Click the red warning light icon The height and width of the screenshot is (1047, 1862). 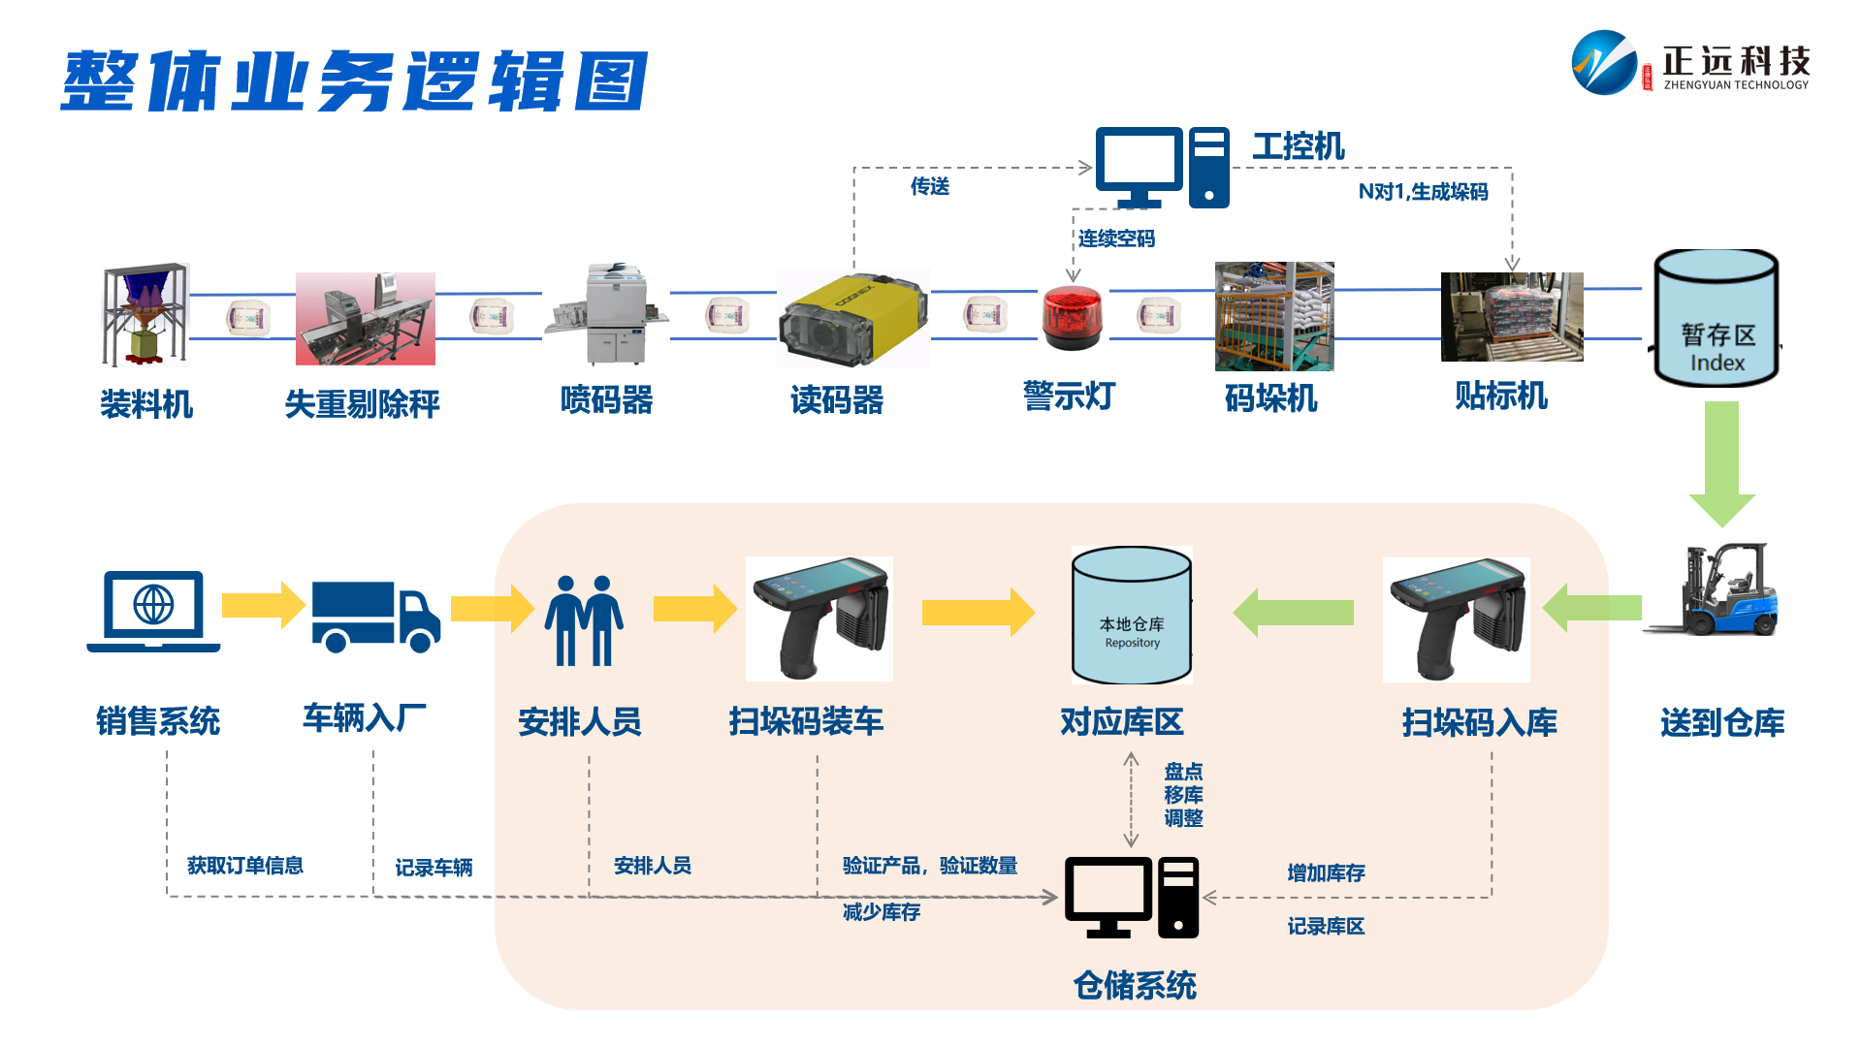click(x=1072, y=317)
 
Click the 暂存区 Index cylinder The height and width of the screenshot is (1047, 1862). click(x=1717, y=320)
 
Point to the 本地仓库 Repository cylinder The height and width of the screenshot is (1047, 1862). click(x=1132, y=617)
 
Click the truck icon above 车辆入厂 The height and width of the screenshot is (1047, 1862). click(x=375, y=617)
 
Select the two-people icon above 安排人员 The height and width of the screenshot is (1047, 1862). click(x=584, y=620)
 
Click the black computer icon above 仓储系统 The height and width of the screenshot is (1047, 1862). click(x=1132, y=898)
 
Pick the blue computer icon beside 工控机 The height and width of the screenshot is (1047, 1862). click(x=1162, y=168)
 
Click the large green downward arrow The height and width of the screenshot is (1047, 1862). click(x=1721, y=461)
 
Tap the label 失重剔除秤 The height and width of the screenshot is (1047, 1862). click(x=362, y=403)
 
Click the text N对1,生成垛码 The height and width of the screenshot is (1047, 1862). click(x=1423, y=192)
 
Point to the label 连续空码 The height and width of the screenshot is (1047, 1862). click(x=1116, y=238)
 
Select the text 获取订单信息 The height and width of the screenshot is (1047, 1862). click(x=245, y=865)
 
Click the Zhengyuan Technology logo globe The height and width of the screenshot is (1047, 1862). click(x=1604, y=62)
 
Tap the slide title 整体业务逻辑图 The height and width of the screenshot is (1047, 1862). click(x=354, y=81)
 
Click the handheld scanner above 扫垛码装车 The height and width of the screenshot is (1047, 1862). click(x=819, y=619)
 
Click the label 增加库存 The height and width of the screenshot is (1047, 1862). click(x=1326, y=872)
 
